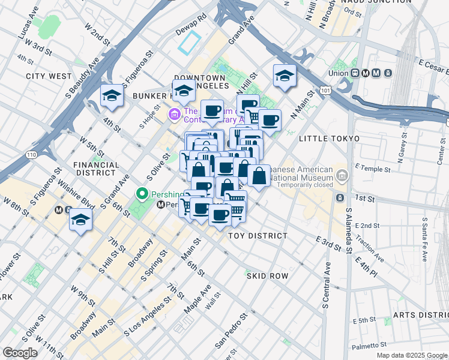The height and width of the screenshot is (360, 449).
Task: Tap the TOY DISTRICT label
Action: pyautogui.click(x=258, y=236)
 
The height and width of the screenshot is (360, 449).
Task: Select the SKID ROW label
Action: pyautogui.click(x=267, y=276)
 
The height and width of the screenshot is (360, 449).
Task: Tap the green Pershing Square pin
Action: pyautogui.click(x=142, y=193)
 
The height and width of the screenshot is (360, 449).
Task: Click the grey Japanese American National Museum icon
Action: pyautogui.click(x=342, y=176)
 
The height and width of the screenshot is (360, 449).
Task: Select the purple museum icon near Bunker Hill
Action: pyautogui.click(x=175, y=113)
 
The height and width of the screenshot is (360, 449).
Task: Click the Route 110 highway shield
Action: pyautogui.click(x=31, y=154)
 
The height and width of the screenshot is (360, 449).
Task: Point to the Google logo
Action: pyautogui.click(x=20, y=353)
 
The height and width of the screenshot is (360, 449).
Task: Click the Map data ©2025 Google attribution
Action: pyautogui.click(x=412, y=355)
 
